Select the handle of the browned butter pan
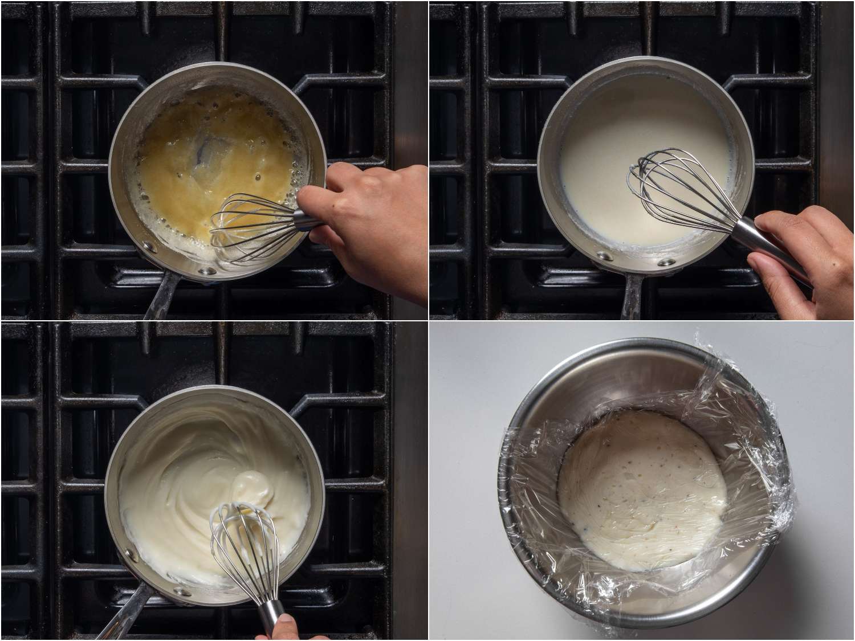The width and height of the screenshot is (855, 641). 160,296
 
